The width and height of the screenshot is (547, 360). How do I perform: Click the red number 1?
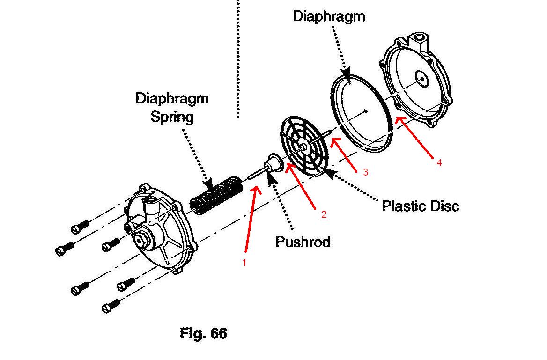click(x=244, y=262)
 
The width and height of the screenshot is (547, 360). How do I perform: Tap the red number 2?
click(x=324, y=214)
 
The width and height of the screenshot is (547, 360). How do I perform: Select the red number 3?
click(x=365, y=172)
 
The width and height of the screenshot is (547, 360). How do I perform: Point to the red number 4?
click(x=439, y=162)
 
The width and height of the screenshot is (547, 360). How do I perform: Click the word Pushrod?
click(x=303, y=242)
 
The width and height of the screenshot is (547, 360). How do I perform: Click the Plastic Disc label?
click(x=421, y=206)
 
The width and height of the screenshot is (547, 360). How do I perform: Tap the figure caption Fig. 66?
click(x=203, y=333)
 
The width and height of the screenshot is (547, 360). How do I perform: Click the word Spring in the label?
click(x=172, y=117)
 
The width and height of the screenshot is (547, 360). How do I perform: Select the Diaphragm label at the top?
click(x=329, y=16)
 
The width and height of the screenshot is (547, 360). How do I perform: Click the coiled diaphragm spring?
click(x=216, y=195)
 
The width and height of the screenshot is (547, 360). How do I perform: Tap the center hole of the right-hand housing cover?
click(x=422, y=78)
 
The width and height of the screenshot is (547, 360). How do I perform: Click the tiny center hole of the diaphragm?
click(x=365, y=111)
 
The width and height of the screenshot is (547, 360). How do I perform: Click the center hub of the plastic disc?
click(x=304, y=146)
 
